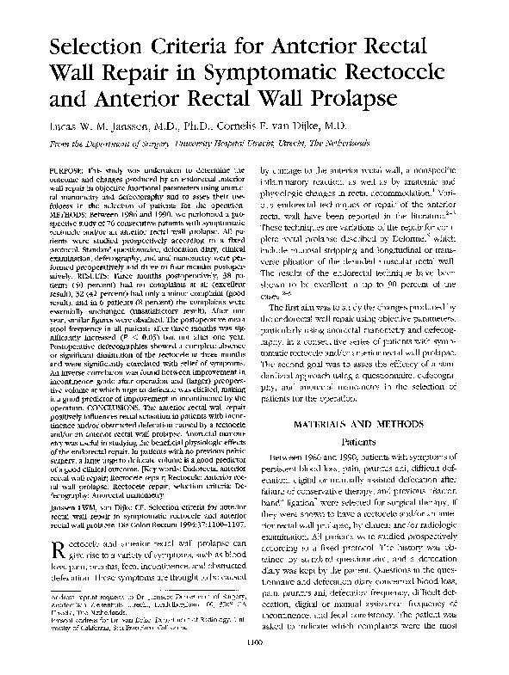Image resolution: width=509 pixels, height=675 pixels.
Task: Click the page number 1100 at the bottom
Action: [x=255, y=662]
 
